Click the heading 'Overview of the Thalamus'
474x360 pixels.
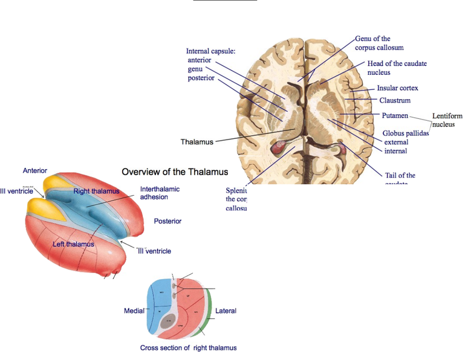(175, 172)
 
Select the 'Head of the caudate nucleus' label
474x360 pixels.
(397, 68)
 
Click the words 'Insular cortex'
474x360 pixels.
(397, 88)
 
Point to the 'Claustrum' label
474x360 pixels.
(395, 101)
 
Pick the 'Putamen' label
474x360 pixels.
(395, 115)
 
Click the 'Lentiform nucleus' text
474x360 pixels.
(447, 120)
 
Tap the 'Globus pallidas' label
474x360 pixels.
(405, 133)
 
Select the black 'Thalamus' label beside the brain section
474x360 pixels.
(197, 142)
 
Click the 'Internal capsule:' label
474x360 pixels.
(210, 51)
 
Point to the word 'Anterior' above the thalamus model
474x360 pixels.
(35, 171)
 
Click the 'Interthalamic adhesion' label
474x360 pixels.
(160, 193)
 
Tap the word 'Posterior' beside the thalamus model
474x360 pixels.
(167, 221)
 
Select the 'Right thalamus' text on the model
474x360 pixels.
(96, 191)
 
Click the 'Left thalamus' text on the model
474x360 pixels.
(73, 244)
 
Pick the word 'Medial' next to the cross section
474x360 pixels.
(134, 310)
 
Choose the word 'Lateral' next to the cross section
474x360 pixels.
(226, 311)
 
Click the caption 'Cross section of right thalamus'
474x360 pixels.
(188, 348)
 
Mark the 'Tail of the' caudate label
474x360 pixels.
(400, 176)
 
